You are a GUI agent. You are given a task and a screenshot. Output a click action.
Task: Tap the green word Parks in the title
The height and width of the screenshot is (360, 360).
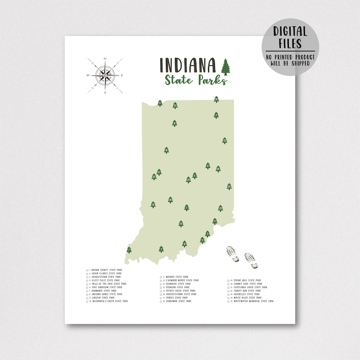pyautogui.click(x=212, y=80)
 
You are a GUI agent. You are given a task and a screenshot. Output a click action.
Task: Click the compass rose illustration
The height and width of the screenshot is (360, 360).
pyautogui.click(x=105, y=75)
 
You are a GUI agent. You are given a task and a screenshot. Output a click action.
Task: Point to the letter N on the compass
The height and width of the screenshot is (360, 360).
pyautogui.click(x=105, y=59)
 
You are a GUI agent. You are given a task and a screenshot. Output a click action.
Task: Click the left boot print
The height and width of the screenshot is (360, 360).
pyautogui.click(x=233, y=254)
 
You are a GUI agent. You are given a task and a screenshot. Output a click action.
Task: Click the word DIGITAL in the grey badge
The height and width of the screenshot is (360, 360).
pyautogui.click(x=290, y=32)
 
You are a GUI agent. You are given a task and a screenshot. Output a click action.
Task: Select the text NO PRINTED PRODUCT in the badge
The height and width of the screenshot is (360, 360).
pyautogui.click(x=290, y=57)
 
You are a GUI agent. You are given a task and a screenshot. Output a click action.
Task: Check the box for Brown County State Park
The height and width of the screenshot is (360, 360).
pyautogui.click(x=87, y=270)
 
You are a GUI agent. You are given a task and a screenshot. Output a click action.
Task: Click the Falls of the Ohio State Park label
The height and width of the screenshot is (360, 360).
pyautogui.click(x=108, y=284)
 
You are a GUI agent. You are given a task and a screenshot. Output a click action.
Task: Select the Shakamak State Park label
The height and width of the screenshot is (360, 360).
pyautogui.click(x=178, y=301)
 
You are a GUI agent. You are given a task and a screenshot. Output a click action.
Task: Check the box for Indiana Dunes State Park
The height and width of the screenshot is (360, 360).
pyautogui.click(x=87, y=294)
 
